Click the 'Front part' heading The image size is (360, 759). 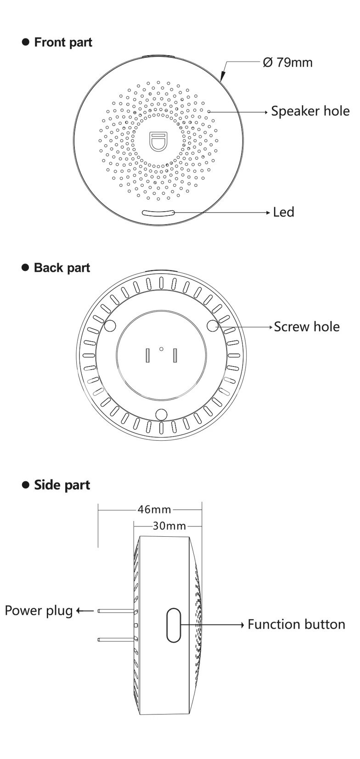tap(63, 42)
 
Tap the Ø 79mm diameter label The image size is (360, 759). tap(288, 62)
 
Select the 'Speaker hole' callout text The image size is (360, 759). tap(310, 111)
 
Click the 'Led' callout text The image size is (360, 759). tap(283, 212)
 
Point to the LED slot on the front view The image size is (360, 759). tap(158, 213)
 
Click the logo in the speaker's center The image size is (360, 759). tap(158, 142)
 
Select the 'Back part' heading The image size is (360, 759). tap(62, 268)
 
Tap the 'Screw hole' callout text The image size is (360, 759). tap(307, 327)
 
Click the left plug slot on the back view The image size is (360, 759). tap(147, 355)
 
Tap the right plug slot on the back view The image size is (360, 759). tap(175, 355)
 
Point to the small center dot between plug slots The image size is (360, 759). tap(161, 349)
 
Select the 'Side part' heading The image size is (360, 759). tap(62, 485)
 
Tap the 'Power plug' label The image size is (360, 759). tap(39, 611)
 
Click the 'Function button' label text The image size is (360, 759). tap(296, 624)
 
